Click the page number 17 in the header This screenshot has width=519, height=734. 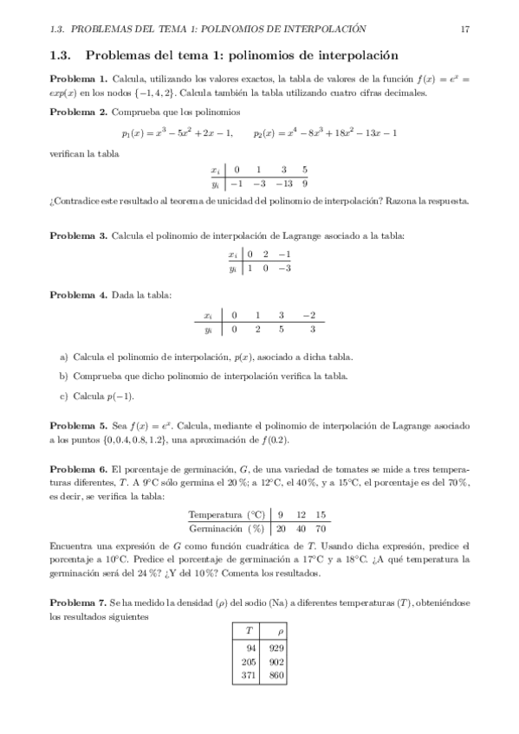click(x=465, y=29)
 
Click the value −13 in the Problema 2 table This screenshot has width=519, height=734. click(x=283, y=183)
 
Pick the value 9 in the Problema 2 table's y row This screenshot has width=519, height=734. click(x=305, y=183)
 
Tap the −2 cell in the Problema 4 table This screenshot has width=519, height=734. click(x=309, y=315)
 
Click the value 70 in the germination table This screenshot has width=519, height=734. click(x=321, y=528)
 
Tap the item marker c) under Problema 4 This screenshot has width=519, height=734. click(x=64, y=397)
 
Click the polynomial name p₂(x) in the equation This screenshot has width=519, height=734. click(x=265, y=132)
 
